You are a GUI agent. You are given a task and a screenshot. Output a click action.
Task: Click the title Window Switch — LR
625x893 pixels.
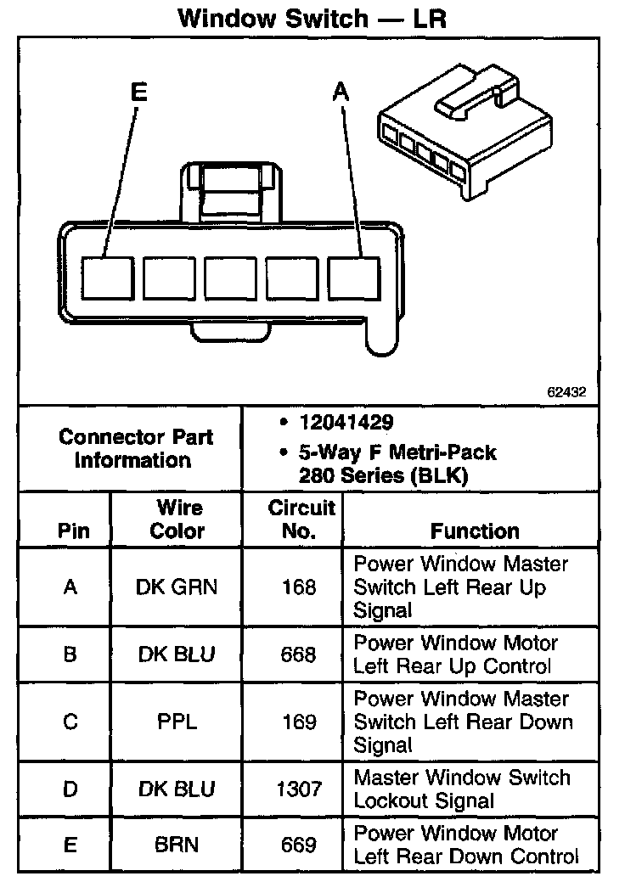coord(312,19)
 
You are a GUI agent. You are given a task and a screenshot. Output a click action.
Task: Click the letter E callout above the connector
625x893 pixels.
coord(138,93)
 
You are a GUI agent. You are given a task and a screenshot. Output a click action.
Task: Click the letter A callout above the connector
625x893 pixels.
coord(341,93)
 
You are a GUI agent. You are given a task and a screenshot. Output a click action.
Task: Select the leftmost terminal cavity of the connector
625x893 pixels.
coord(108,278)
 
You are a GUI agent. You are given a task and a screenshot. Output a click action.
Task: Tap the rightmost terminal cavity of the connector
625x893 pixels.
coord(353,278)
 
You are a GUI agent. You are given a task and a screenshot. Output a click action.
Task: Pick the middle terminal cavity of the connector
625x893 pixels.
coord(230,278)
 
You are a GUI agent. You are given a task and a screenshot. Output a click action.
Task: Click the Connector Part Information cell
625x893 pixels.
coord(136,449)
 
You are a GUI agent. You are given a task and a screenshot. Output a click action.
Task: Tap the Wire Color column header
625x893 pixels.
coord(177,520)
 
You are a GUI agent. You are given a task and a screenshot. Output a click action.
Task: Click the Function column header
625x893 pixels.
coord(475,531)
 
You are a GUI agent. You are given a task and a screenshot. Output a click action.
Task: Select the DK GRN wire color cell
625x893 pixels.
coord(177,587)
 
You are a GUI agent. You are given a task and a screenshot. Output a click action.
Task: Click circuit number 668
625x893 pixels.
coord(299,654)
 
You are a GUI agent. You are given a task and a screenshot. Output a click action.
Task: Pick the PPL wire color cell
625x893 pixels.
coord(177,722)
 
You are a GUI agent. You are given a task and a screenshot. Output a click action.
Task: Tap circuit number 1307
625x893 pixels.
coord(299,789)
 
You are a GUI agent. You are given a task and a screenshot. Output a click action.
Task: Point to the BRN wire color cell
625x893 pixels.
coord(177,845)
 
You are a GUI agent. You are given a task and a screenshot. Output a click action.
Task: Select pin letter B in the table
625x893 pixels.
coord(70,654)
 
